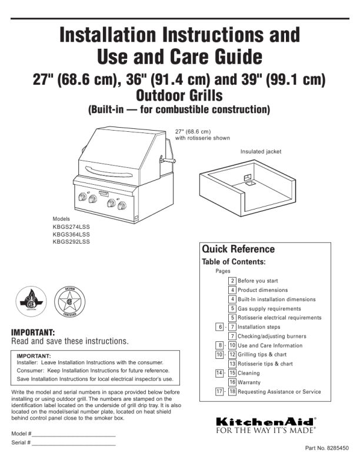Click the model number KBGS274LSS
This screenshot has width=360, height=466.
coord(71,227)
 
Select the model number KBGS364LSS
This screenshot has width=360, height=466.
coord(71,234)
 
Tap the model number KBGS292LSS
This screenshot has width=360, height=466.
coord(71,241)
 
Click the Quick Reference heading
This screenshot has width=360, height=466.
coord(238,249)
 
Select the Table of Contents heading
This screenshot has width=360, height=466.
coord(234,261)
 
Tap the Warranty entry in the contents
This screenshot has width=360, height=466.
coord(251,382)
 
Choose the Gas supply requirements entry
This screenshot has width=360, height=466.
coord(269,308)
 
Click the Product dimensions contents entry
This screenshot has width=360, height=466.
coord(263,290)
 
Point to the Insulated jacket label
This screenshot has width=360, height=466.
coord(261,152)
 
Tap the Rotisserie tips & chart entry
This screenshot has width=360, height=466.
coord(265,364)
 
